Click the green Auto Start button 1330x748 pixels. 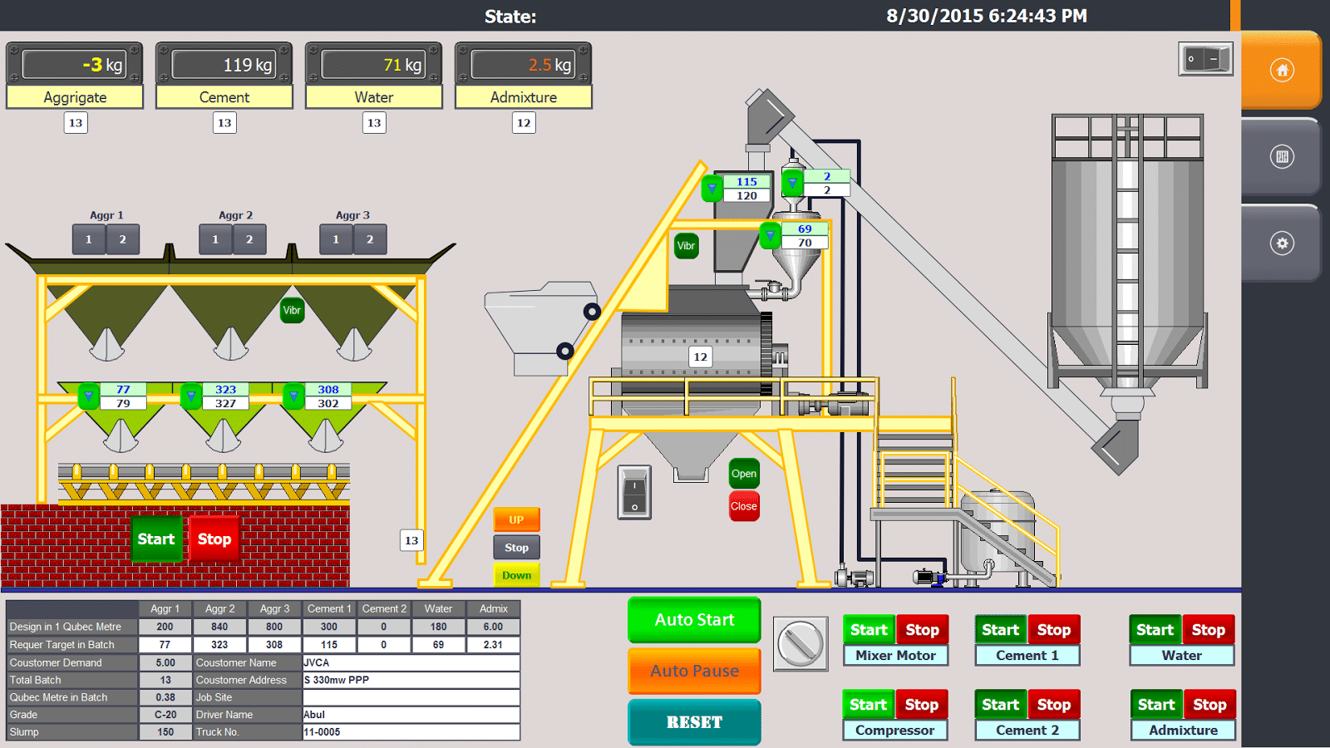[694, 620]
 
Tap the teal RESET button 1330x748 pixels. [694, 722]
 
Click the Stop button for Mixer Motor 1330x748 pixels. [922, 630]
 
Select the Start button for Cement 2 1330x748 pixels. [1001, 705]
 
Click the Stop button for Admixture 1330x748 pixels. [1209, 705]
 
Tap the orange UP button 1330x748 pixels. [516, 519]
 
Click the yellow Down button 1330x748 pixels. [516, 574]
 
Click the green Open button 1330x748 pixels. [744, 474]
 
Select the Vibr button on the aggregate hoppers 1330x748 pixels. [292, 311]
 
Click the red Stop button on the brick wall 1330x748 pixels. [214, 539]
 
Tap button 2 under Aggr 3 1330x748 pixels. [370, 240]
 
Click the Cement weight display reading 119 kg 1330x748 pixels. [224, 64]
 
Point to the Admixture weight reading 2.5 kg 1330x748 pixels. [524, 64]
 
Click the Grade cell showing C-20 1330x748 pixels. [165, 715]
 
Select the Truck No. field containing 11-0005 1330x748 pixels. [411, 732]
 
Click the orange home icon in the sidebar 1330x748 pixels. [1282, 71]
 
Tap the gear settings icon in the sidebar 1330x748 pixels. [1282, 244]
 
